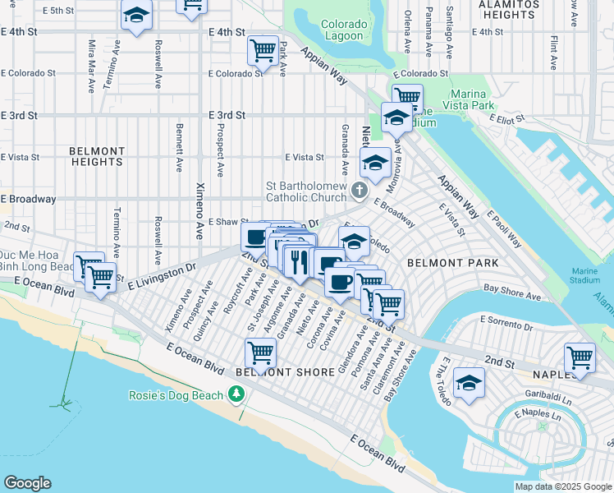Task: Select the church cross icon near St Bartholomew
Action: click(359, 191)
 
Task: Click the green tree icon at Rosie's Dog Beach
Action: click(237, 395)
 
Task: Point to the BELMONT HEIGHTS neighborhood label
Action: click(97, 156)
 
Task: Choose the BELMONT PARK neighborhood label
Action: click(453, 263)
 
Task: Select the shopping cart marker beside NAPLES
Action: click(580, 357)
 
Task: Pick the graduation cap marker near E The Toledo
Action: click(469, 383)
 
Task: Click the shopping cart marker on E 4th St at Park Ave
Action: click(263, 50)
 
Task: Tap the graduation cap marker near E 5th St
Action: click(136, 15)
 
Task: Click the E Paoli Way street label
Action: click(504, 228)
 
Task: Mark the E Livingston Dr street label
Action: click(163, 273)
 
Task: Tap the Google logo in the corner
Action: click(27, 483)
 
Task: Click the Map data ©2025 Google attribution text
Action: click(563, 486)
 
